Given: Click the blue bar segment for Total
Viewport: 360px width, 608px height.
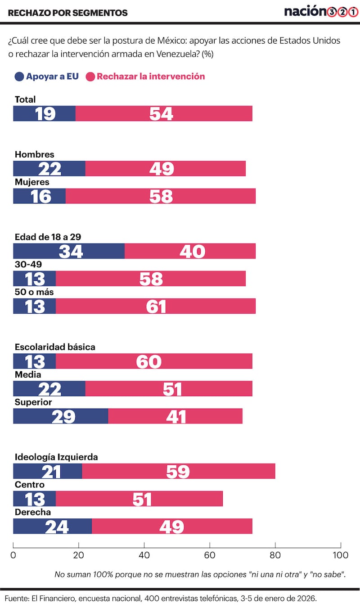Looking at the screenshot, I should pos(44,113).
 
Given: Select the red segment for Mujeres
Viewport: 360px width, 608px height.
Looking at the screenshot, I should pos(161,196).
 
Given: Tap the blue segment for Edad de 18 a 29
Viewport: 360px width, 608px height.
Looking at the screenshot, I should pos(68,251).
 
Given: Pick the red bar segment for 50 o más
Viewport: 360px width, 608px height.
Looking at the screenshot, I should pos(156,306).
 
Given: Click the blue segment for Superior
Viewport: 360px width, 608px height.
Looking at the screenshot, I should pos(60,416).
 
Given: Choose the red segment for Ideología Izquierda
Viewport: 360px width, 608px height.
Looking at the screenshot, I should pos(178,471).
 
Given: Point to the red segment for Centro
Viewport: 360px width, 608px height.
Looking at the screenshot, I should pos(139,499).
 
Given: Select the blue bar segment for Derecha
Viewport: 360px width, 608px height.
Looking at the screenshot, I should pos(52,526).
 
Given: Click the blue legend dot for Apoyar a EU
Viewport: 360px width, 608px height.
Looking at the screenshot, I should pos(19,77).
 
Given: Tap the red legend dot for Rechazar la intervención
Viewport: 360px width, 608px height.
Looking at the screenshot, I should pos(90,77).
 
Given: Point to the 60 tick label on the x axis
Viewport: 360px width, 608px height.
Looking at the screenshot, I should pos(210,555).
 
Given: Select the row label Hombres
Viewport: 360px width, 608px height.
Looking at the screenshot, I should pos(34,154).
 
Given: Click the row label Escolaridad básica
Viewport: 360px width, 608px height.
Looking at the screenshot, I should pos(55,347).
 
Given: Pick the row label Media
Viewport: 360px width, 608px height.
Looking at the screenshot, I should pos(28,374).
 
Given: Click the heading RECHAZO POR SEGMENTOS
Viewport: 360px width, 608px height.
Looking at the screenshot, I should pos(67,13).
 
